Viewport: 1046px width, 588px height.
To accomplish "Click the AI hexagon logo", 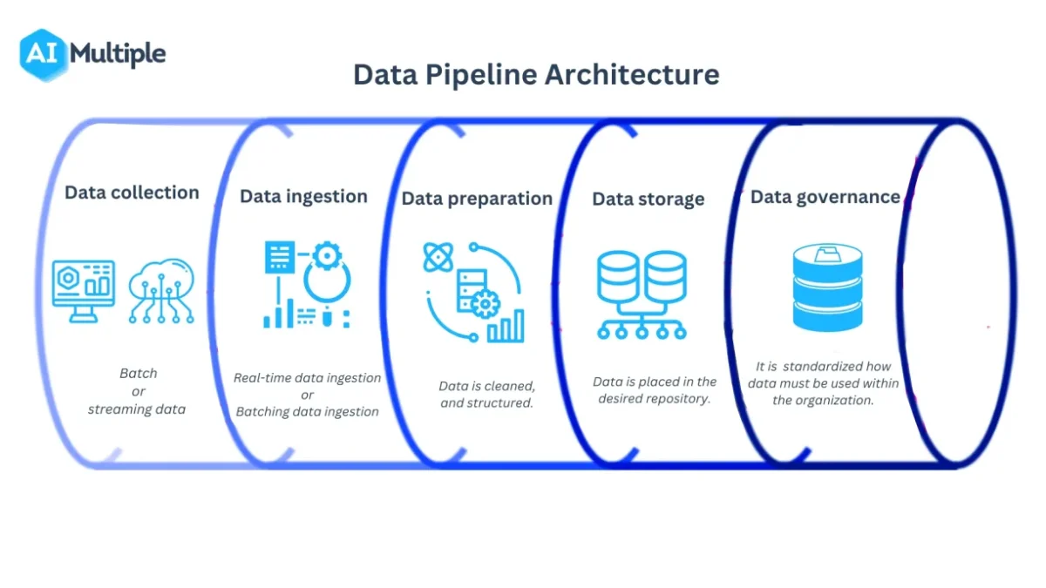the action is [x=43, y=55].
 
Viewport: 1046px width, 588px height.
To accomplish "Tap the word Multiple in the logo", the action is [x=118, y=54].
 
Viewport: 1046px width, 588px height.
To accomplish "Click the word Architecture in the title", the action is [x=632, y=75].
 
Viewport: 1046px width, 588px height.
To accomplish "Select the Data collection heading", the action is [x=132, y=193].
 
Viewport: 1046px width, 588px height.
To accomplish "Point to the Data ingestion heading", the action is [x=303, y=197].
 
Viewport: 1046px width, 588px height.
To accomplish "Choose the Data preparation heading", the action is [x=477, y=199].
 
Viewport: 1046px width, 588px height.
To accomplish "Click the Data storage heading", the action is [x=649, y=199].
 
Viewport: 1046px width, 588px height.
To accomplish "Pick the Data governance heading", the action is [x=825, y=197].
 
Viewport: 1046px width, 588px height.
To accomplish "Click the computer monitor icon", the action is [x=84, y=291].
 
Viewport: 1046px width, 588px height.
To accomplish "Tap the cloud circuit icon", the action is [x=161, y=291].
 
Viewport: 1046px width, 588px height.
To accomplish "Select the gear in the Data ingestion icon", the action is [x=327, y=255].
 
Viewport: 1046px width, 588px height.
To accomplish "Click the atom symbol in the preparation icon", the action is [x=438, y=257].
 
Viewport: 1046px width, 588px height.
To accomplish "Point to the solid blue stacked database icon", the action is [x=827, y=287].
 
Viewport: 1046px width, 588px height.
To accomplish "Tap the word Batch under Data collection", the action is [x=139, y=374].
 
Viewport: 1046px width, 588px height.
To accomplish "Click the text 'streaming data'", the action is [x=137, y=409].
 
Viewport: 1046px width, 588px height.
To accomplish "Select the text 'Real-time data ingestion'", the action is [x=307, y=378].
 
